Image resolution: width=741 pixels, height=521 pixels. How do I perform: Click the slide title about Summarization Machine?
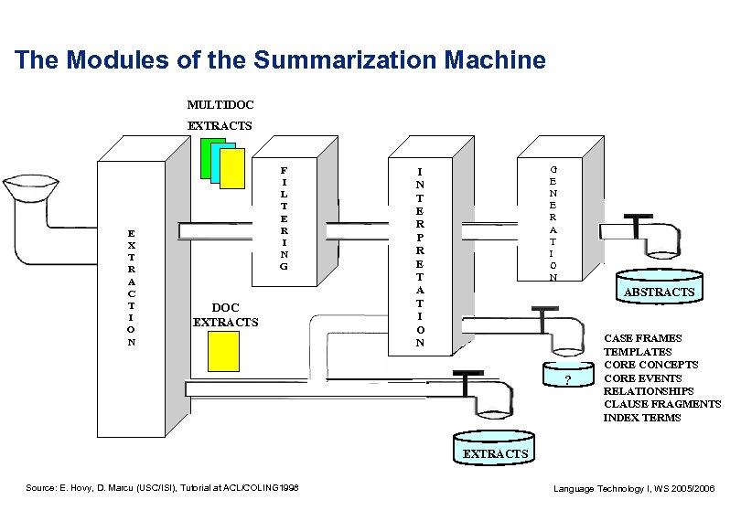pyautogui.click(x=280, y=61)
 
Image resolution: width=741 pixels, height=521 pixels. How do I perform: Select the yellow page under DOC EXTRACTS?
pyautogui.click(x=223, y=352)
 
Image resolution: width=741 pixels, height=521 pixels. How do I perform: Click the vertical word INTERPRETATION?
pyautogui.click(x=419, y=257)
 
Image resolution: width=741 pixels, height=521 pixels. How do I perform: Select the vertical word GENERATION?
pyautogui.click(x=553, y=223)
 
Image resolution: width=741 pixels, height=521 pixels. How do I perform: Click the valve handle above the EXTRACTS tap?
pyautogui.click(x=467, y=373)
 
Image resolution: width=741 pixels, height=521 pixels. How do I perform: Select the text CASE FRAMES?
pyautogui.click(x=642, y=338)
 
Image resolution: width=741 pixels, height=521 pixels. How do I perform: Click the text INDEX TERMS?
pyautogui.click(x=642, y=418)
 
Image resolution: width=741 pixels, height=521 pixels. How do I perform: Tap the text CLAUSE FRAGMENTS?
pyautogui.click(x=662, y=404)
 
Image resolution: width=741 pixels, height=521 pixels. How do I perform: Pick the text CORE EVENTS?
pyautogui.click(x=644, y=377)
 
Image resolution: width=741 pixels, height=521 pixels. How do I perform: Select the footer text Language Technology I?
pyautogui.click(x=634, y=489)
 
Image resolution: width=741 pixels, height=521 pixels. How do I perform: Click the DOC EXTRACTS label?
pyautogui.click(x=225, y=315)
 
